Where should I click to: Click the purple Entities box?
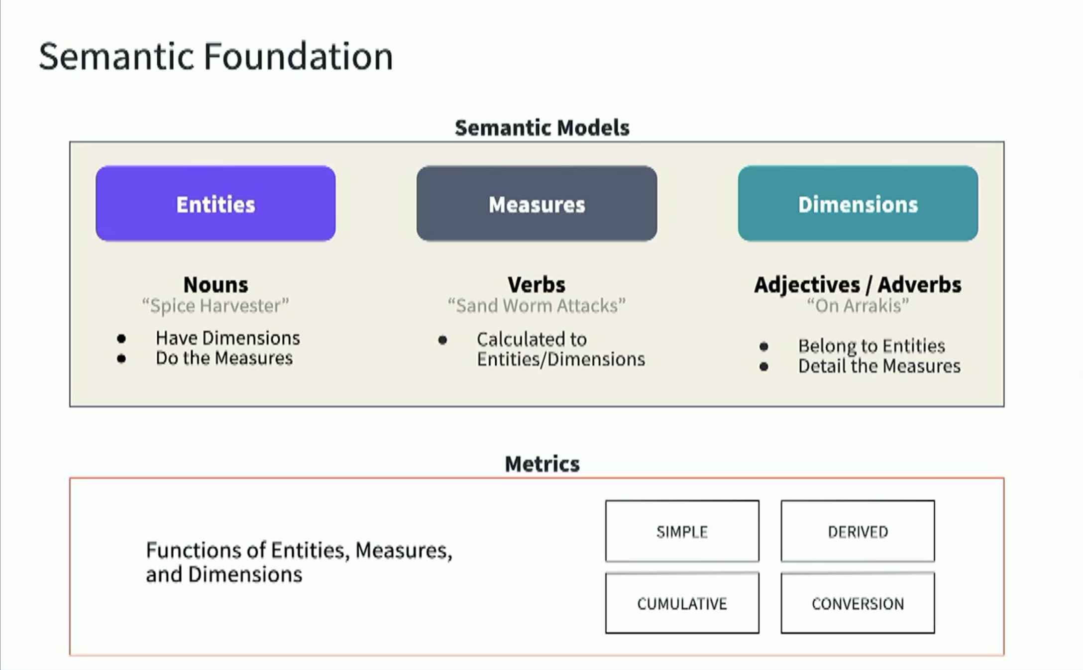(216, 204)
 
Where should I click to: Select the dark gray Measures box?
(537, 204)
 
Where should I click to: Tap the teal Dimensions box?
(858, 204)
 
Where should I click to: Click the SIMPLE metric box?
(682, 531)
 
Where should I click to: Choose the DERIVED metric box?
(858, 531)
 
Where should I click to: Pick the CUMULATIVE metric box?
(682, 603)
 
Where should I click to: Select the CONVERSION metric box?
(858, 603)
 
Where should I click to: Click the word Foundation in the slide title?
(298, 56)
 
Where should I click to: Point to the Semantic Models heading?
(541, 128)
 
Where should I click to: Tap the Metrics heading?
(541, 464)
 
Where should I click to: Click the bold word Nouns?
(216, 285)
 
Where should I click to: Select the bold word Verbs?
(537, 285)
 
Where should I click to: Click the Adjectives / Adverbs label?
(858, 285)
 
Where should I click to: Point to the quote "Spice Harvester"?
(216, 306)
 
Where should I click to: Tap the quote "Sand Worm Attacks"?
(537, 306)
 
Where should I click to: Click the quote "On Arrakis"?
(858, 306)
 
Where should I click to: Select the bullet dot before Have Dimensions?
(121, 339)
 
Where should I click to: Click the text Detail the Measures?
(879, 366)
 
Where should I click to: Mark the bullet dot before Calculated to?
(442, 340)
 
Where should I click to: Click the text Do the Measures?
(224, 358)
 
